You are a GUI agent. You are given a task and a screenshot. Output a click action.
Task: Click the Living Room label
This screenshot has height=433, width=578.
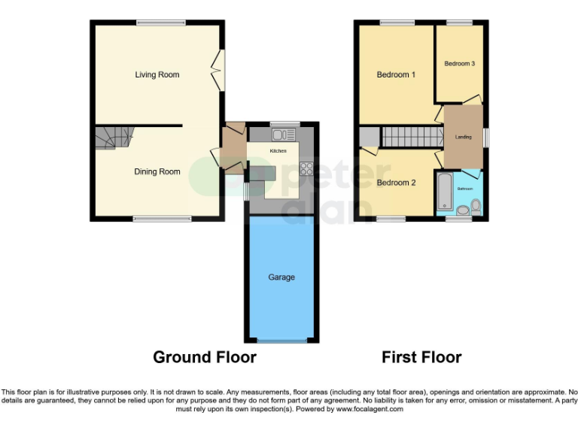[157, 74]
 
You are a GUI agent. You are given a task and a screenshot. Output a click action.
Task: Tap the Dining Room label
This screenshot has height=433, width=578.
[157, 171]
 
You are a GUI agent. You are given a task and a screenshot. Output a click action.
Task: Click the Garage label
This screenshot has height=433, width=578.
[281, 277]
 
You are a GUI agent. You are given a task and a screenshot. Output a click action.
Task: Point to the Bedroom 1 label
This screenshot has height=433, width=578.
[396, 74]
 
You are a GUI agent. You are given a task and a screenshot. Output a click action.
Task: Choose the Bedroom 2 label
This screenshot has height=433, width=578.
[396, 183]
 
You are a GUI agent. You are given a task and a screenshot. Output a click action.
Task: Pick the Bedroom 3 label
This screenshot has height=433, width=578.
[459, 64]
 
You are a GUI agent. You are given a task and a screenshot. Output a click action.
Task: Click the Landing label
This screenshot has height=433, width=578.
[464, 137]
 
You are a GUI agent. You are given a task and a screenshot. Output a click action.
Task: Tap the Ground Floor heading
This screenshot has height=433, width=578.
[205, 357]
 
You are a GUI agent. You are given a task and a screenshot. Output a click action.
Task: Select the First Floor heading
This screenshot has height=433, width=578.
[421, 357]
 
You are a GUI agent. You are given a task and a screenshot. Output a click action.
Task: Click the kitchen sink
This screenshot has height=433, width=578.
[284, 135]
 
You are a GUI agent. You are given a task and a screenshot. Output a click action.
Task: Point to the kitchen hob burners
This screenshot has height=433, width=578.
[306, 168]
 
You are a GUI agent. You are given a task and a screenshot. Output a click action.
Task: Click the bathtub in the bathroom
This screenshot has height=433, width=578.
[443, 192]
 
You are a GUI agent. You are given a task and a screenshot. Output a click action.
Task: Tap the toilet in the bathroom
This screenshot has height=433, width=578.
[475, 207]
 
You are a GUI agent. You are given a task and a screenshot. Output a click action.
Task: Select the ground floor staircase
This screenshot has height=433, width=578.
[113, 137]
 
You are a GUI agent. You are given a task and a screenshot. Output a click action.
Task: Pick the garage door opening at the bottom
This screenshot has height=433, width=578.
[281, 341]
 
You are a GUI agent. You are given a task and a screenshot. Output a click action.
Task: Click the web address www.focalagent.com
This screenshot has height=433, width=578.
[370, 410]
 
